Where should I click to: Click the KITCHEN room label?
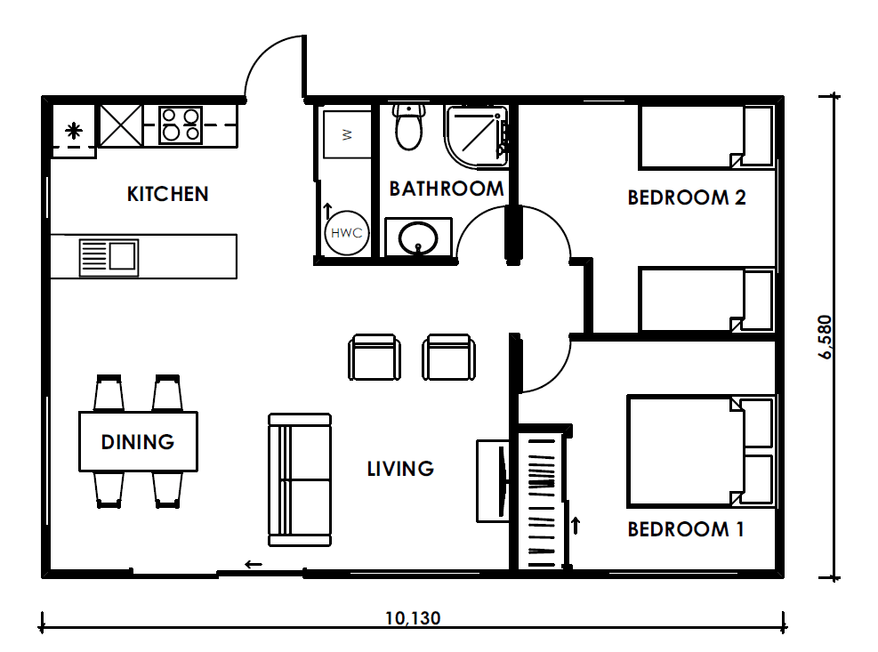(167, 195)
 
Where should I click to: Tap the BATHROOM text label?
(447, 189)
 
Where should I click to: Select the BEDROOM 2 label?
(687, 197)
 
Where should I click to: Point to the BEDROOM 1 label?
(685, 529)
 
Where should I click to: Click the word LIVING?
(400, 469)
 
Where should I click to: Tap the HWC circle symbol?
(347, 232)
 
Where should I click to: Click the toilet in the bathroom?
(409, 127)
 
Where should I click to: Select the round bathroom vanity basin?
(418, 238)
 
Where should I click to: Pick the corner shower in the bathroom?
(477, 137)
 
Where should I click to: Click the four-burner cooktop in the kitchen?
(181, 125)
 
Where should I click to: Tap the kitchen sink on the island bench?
(109, 258)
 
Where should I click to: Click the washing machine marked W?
(347, 134)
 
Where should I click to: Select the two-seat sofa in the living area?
(300, 479)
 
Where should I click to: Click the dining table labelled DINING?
(138, 441)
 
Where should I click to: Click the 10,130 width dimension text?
(413, 618)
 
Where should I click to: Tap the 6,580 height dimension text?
(826, 336)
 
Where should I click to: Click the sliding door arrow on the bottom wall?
(254, 564)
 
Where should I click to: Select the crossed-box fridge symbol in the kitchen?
(121, 125)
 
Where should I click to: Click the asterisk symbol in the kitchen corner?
(73, 131)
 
